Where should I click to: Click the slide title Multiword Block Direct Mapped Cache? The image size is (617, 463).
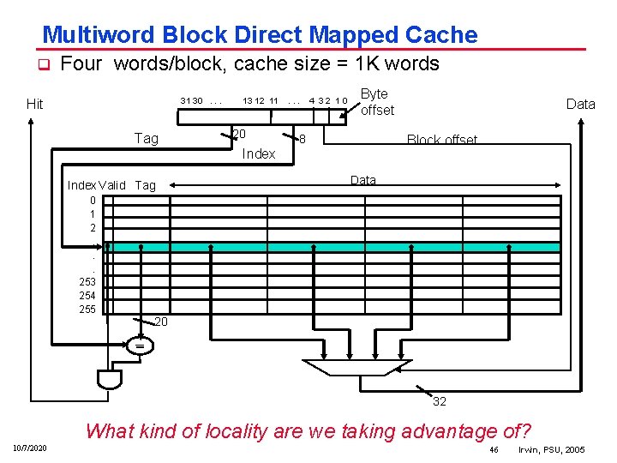click(260, 35)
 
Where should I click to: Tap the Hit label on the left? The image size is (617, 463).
click(34, 105)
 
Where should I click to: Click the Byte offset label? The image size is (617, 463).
click(377, 102)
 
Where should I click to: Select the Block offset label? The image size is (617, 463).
click(441, 141)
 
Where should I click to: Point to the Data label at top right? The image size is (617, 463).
click(580, 104)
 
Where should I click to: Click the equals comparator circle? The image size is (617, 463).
click(138, 346)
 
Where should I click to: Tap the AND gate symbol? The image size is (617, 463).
click(110, 378)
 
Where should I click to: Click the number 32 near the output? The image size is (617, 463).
click(439, 401)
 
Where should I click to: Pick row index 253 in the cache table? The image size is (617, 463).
click(87, 281)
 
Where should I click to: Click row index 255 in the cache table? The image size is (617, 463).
click(87, 310)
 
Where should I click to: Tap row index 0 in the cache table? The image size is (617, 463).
click(93, 200)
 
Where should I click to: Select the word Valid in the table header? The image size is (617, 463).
click(112, 185)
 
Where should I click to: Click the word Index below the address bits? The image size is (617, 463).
click(259, 154)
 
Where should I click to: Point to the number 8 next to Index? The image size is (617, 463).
click(303, 138)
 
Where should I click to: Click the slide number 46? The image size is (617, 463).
click(494, 449)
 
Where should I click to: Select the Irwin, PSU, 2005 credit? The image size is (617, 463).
click(552, 449)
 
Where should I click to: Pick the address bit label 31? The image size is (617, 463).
click(184, 101)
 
